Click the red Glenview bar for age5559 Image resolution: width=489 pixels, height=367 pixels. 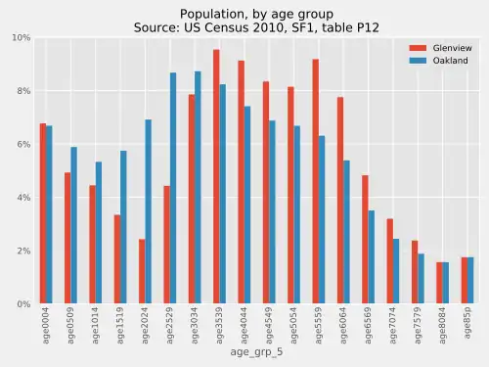[315, 181]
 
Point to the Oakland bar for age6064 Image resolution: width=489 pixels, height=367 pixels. [345, 232]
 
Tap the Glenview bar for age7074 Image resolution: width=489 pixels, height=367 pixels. [388, 261]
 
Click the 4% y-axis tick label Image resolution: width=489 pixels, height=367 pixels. [22, 198]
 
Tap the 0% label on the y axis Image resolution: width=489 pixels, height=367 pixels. [22, 304]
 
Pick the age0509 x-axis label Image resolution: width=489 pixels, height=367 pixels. [71, 327]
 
